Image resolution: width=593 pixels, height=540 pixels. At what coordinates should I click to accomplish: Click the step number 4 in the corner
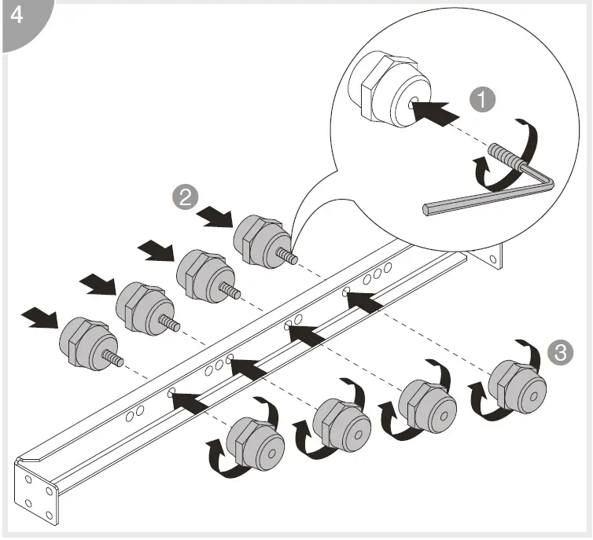click(x=17, y=16)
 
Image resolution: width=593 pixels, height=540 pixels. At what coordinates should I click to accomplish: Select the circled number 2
click(x=185, y=197)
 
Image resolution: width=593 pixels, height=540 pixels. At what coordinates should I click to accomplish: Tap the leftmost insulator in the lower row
click(x=256, y=445)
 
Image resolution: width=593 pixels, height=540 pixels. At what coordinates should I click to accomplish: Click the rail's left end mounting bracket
click(x=36, y=492)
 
